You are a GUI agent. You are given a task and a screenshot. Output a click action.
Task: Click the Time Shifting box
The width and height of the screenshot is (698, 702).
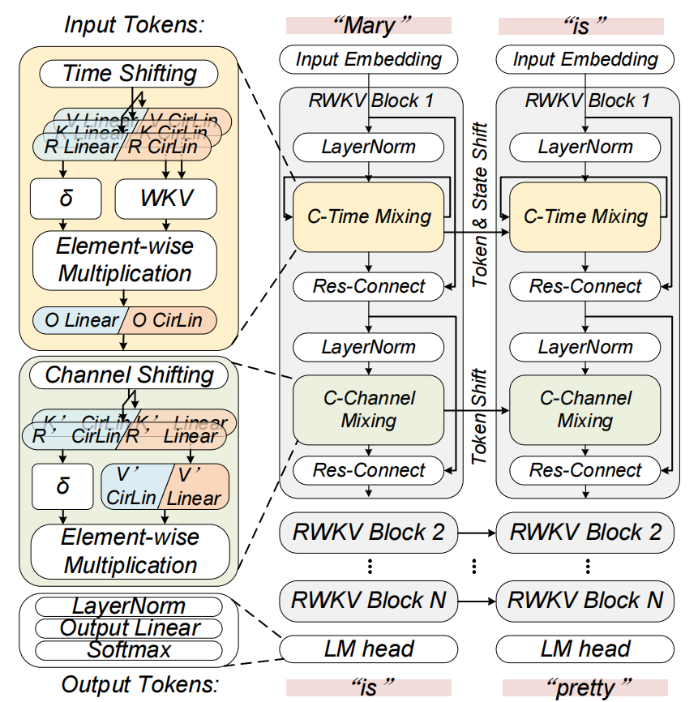click(x=129, y=74)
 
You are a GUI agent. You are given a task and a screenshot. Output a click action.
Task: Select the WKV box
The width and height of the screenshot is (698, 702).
click(x=167, y=198)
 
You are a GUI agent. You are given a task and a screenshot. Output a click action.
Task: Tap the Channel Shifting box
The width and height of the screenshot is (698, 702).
click(x=128, y=375)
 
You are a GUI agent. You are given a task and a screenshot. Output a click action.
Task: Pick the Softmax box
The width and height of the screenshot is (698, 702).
click(x=129, y=649)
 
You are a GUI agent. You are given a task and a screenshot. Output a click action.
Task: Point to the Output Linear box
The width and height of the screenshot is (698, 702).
click(x=129, y=628)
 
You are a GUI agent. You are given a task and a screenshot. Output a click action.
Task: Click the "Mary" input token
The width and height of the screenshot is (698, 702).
click(x=368, y=25)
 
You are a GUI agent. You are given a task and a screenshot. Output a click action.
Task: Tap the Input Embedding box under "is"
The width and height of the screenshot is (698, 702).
click(x=585, y=59)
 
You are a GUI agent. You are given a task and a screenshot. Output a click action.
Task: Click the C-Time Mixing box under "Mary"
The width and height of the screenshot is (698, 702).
click(x=369, y=216)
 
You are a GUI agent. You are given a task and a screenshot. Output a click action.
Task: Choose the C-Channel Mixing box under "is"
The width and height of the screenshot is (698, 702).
click(x=585, y=409)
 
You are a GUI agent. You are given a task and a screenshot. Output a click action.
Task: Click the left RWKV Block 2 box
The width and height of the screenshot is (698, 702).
click(x=368, y=533)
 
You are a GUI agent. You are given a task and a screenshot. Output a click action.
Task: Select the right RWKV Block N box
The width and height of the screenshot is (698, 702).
click(x=585, y=601)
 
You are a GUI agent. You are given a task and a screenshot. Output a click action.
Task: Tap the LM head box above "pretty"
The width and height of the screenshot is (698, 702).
click(x=585, y=648)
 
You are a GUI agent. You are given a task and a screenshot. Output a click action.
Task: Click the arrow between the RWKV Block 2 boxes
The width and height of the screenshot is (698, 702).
click(x=477, y=533)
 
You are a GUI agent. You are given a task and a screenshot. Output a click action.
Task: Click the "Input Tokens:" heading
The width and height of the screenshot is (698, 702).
click(x=134, y=24)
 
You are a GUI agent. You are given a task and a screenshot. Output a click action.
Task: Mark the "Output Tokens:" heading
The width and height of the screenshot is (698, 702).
click(x=140, y=685)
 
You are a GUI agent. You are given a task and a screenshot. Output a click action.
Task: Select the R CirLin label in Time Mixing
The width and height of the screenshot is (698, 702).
click(x=162, y=148)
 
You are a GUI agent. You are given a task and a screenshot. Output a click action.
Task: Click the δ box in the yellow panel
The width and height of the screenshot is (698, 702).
click(x=65, y=198)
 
